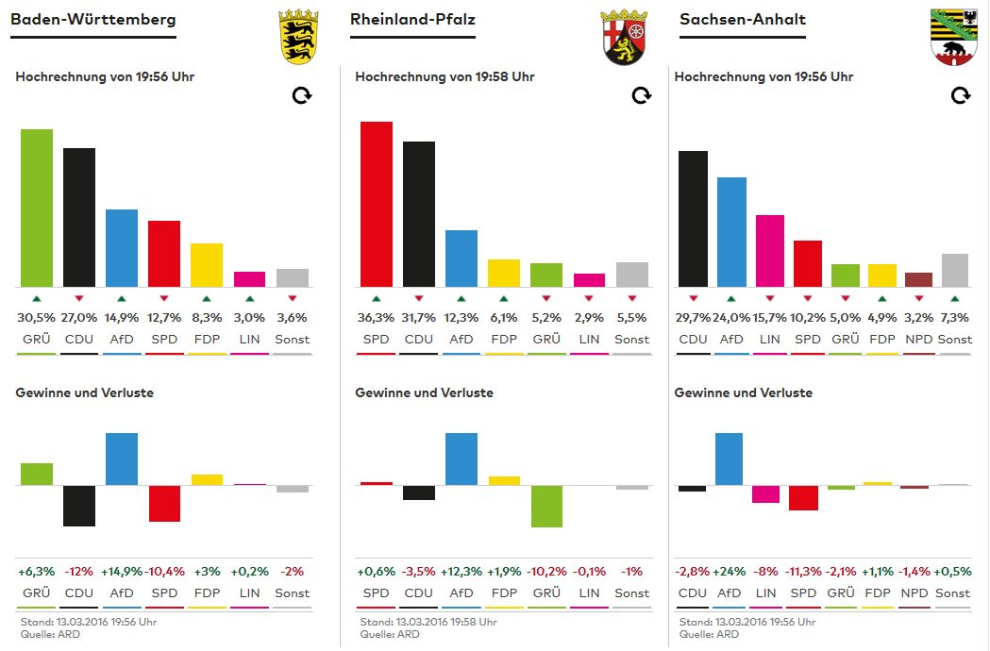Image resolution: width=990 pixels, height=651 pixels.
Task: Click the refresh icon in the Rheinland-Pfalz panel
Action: (641, 95)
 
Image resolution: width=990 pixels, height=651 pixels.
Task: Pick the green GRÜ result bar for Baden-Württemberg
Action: (37, 208)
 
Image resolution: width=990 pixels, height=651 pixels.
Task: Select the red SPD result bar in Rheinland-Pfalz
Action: (377, 204)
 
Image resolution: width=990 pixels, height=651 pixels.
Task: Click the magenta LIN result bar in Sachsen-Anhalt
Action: (770, 251)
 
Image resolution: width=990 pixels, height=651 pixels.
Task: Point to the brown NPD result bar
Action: (918, 279)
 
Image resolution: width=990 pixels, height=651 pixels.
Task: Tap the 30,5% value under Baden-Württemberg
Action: (37, 318)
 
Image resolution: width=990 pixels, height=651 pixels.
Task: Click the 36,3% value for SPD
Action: (376, 318)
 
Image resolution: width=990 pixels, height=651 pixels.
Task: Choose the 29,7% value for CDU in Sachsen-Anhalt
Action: (693, 318)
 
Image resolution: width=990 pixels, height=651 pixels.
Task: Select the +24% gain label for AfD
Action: (730, 572)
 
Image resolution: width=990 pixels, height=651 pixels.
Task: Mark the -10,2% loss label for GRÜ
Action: (546, 572)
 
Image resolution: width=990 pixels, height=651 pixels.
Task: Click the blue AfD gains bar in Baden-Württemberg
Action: (122, 459)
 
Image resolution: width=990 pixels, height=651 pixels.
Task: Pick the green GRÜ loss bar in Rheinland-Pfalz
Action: (546, 507)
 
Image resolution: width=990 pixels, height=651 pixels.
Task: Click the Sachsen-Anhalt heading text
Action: (743, 19)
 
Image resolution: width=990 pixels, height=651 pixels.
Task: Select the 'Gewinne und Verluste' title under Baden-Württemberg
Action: (84, 392)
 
